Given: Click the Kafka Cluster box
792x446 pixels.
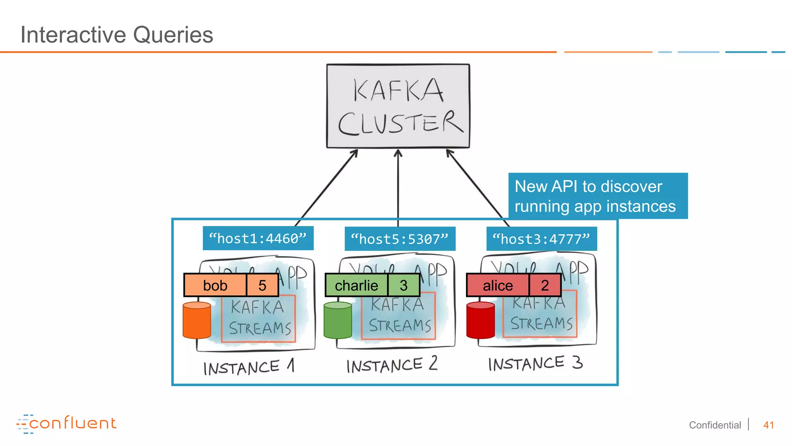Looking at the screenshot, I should (x=398, y=106).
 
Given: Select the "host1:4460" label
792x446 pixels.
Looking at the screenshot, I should (x=258, y=238).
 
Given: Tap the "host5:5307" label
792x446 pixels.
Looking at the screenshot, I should (x=400, y=239).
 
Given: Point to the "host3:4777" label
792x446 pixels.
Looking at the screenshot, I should (x=541, y=239).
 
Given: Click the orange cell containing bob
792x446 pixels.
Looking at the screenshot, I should (x=215, y=285).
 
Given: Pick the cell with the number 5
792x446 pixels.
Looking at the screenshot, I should (x=262, y=285).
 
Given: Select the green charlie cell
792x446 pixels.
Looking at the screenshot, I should (x=356, y=285).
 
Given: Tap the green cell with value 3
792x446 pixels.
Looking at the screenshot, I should (x=403, y=285).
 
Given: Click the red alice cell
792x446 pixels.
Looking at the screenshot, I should (x=497, y=285).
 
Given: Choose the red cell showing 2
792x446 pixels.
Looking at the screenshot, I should (x=544, y=285).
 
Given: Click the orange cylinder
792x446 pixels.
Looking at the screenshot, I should (x=197, y=321).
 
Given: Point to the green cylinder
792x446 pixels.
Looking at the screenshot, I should (x=338, y=321).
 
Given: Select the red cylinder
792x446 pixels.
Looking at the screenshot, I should (x=480, y=321).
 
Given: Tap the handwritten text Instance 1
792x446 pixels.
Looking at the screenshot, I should (x=249, y=367).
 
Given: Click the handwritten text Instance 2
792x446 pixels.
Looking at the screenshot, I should (x=391, y=365).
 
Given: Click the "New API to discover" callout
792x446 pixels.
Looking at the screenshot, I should (x=597, y=196).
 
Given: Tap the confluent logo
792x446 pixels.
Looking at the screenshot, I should (x=67, y=424).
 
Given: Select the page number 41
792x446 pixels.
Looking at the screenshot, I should (x=768, y=425).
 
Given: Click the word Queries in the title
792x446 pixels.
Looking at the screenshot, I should (x=173, y=35).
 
